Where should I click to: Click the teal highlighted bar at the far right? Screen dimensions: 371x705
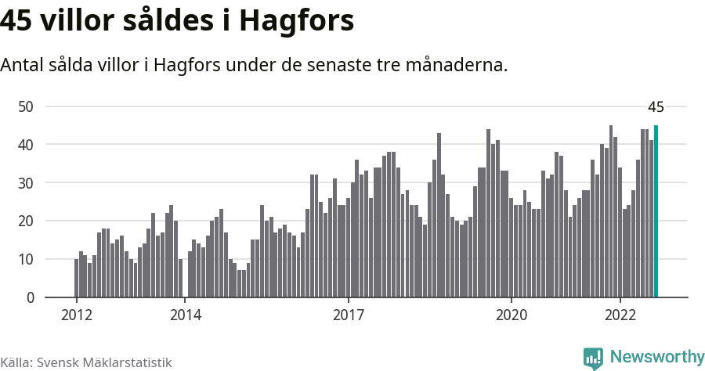pyautogui.click(x=656, y=211)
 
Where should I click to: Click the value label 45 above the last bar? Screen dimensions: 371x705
pyautogui.click(x=656, y=107)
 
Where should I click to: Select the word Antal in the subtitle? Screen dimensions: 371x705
pyautogui.click(x=23, y=65)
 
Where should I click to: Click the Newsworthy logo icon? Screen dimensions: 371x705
pyautogui.click(x=593, y=358)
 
